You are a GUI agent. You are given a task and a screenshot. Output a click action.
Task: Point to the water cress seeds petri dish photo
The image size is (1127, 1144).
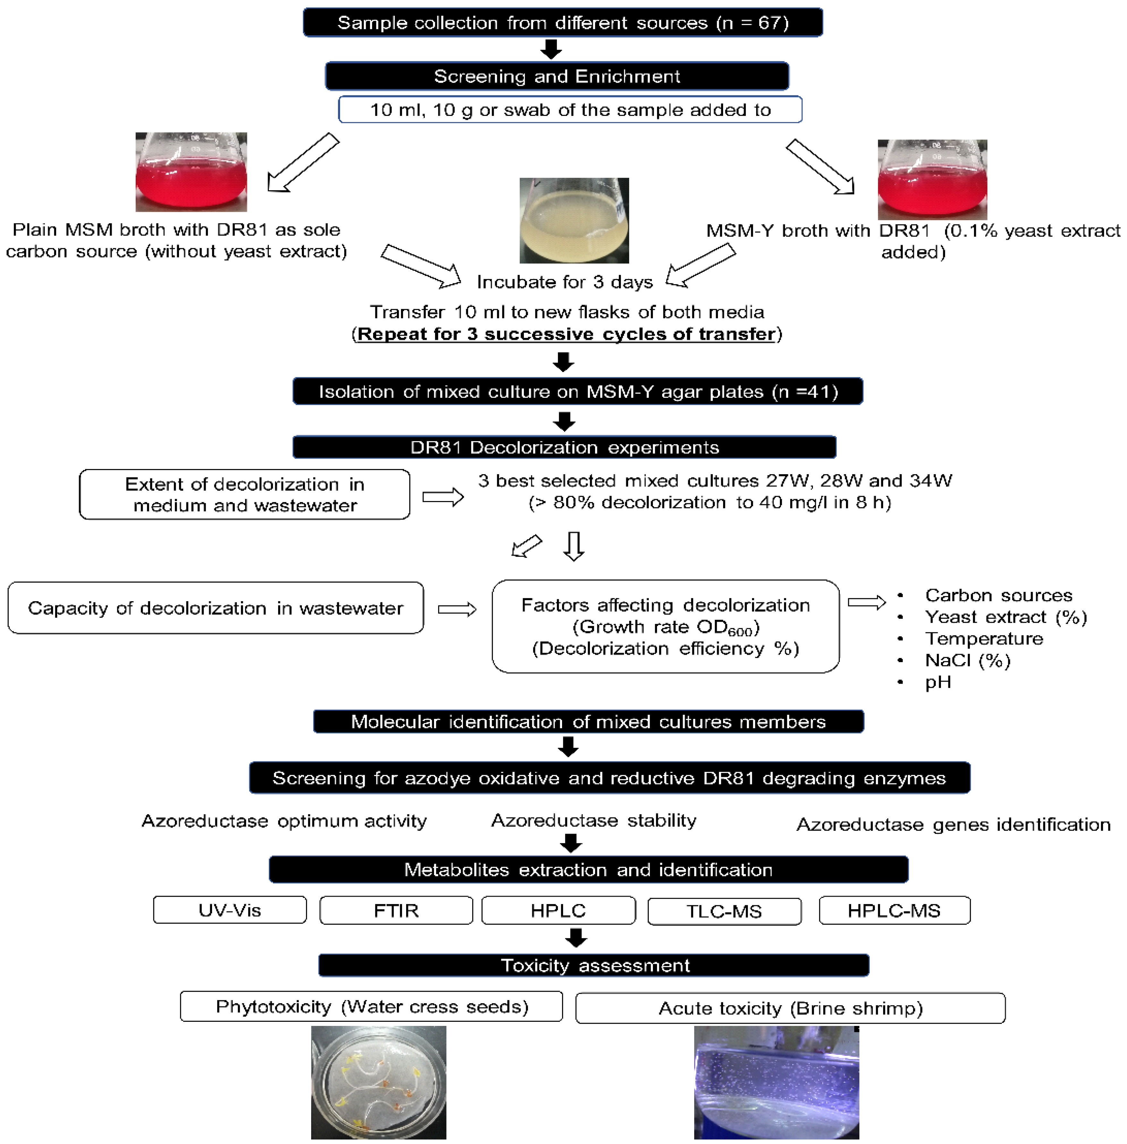[378, 1082]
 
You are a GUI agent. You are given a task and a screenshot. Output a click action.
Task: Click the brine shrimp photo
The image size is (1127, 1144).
[776, 1082]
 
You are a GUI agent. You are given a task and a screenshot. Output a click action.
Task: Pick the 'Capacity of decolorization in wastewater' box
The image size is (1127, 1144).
[216, 608]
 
